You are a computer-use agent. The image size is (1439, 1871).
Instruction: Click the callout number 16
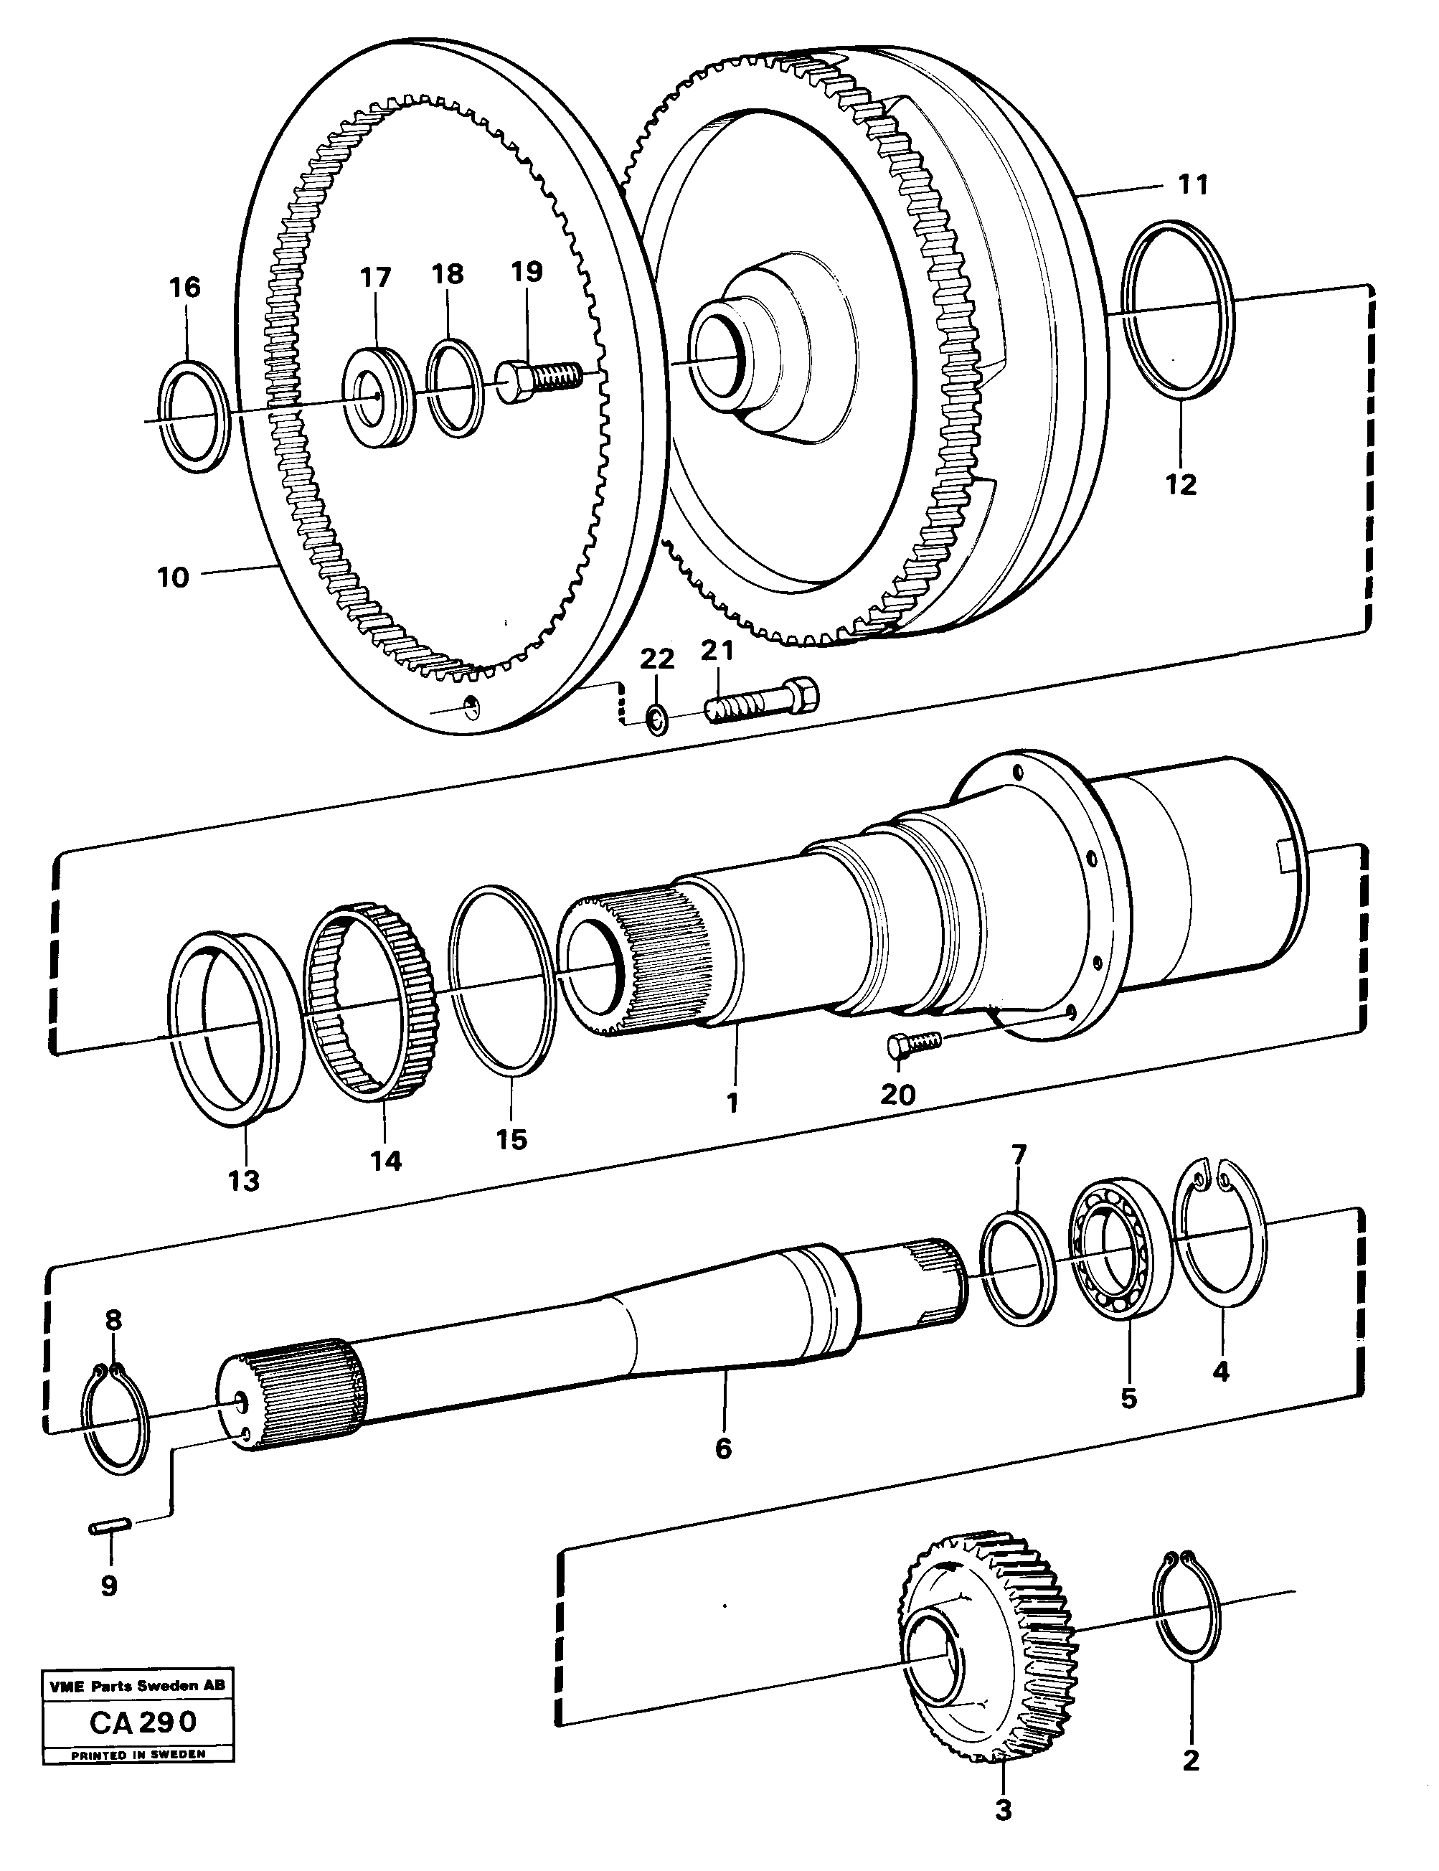(185, 287)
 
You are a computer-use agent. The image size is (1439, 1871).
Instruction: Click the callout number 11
(1192, 185)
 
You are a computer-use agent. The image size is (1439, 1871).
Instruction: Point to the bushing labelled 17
(378, 395)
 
